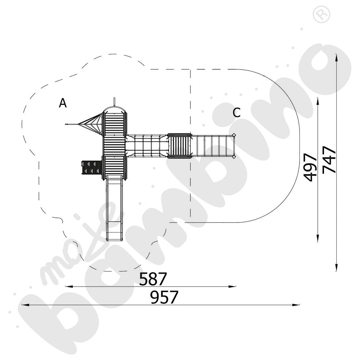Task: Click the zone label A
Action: [63, 103]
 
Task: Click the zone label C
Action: [237, 112]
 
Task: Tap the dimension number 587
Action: [153, 279]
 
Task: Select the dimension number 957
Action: [164, 297]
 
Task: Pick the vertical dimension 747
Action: [329, 159]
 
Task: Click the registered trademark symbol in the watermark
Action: [321, 14]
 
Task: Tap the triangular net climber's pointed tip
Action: [66, 125]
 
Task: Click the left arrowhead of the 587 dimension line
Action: [66, 287]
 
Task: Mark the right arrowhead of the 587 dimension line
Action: [235, 287]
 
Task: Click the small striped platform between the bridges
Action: [179, 146]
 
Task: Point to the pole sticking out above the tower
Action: [114, 102]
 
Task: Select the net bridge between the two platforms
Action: [147, 146]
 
